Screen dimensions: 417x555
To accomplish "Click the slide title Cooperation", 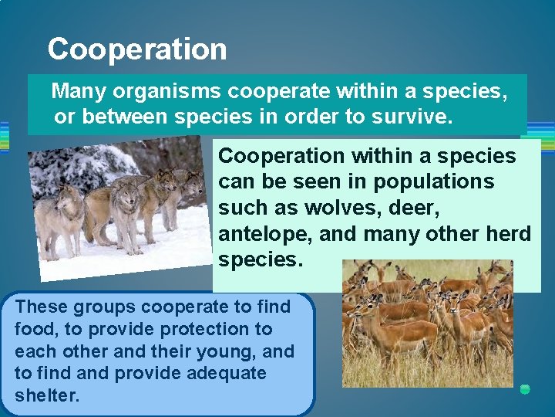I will click(x=137, y=49).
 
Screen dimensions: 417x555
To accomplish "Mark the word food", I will click(x=34, y=329).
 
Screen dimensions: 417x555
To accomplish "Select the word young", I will click(x=229, y=351).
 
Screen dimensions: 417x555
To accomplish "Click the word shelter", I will click(x=46, y=395).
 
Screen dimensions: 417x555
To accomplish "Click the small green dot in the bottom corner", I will click(x=525, y=389).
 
